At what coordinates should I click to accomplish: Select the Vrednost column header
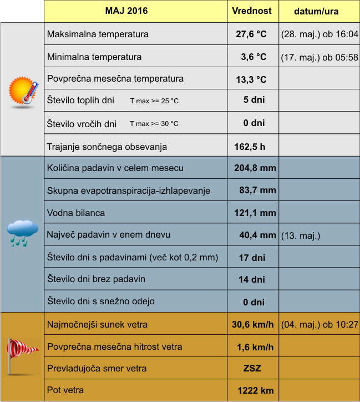coord(251,11)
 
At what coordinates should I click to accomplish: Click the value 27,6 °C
coord(251,34)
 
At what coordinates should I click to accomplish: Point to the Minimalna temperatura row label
coord(94,57)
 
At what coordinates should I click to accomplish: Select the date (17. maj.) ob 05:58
coord(320,57)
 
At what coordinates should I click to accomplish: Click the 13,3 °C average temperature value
coord(251,79)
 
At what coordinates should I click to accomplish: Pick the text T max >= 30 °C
coord(154,124)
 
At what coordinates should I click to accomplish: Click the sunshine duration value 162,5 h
coord(251,147)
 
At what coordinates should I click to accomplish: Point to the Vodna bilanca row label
coord(76,213)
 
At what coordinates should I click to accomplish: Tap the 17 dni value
coord(251,258)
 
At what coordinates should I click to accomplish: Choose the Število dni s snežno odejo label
coord(101,301)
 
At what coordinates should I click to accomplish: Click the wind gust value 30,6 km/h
coord(252,324)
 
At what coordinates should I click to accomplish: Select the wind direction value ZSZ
coord(252,369)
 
